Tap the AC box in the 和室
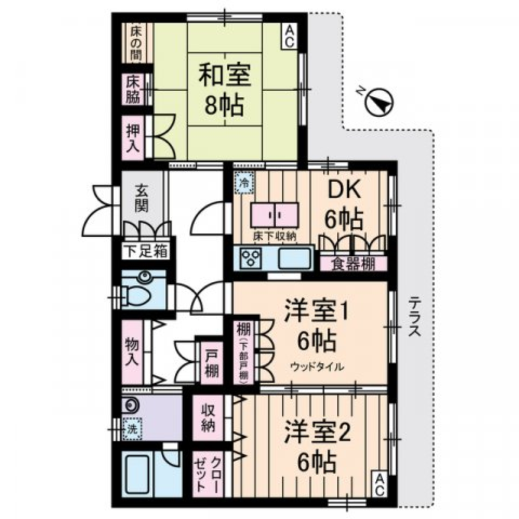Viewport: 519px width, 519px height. (x=289, y=37)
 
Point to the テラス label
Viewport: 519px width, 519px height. (x=415, y=316)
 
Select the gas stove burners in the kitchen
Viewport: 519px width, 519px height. (x=251, y=258)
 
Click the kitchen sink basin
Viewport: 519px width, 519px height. (x=295, y=258)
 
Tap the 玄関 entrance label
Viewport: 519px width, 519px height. (x=142, y=199)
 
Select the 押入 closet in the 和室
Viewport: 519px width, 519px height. (x=132, y=137)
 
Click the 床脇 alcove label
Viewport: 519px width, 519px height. (x=132, y=89)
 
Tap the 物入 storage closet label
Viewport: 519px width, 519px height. (x=132, y=351)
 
